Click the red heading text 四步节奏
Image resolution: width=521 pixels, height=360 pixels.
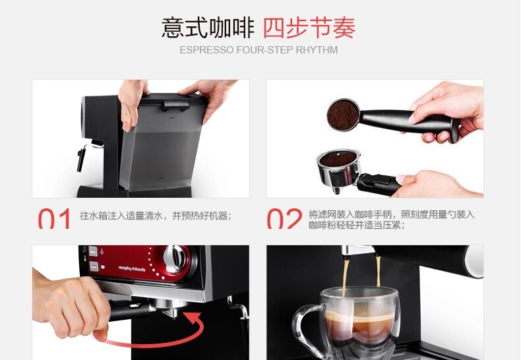pyautogui.click(x=309, y=28)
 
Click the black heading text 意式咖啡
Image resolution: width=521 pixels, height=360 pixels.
pyautogui.click(x=208, y=28)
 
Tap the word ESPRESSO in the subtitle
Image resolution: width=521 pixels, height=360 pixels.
pyautogui.click(x=206, y=50)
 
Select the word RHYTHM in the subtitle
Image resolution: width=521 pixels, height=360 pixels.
pyautogui.click(x=317, y=50)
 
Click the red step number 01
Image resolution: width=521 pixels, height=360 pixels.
pyautogui.click(x=54, y=218)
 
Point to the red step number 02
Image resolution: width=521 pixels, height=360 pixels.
pyautogui.click(x=284, y=218)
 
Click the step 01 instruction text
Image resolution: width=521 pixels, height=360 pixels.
pyautogui.click(x=156, y=216)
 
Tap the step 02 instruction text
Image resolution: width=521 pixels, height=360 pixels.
pyautogui.click(x=392, y=220)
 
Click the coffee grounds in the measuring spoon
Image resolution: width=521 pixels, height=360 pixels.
pyautogui.click(x=342, y=115)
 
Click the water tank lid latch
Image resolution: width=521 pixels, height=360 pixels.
pyautogui.click(x=175, y=105)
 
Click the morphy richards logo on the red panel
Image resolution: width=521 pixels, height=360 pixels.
pyautogui.click(x=132, y=268)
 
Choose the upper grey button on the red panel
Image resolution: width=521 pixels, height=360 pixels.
pyautogui.click(x=93, y=251)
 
